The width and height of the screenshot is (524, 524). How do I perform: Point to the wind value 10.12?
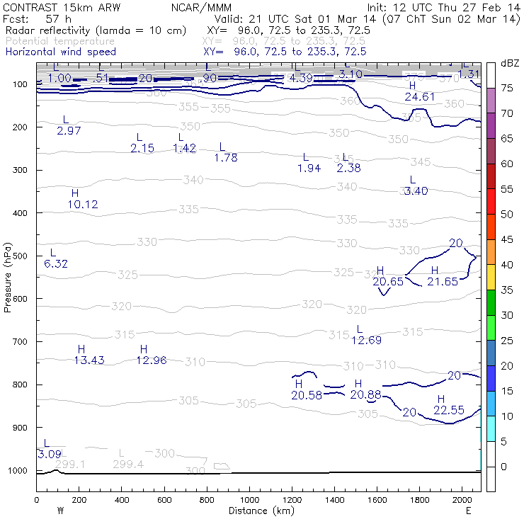[x=83, y=205]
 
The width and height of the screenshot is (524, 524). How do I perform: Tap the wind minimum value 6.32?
[x=56, y=264]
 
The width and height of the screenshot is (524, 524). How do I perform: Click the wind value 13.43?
[x=89, y=360]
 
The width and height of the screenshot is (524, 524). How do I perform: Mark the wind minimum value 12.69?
[x=367, y=341]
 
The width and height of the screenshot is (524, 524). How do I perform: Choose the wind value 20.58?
[x=306, y=395]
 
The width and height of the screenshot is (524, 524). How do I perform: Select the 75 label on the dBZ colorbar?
[x=507, y=89]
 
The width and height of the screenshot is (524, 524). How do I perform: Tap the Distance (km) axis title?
[x=258, y=511]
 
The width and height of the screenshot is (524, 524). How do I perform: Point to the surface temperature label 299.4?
[x=128, y=465]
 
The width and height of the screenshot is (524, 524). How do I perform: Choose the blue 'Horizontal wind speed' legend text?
[x=61, y=52]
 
